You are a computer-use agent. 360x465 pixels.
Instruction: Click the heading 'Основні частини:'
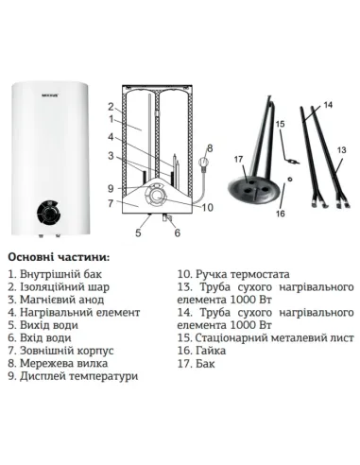[x=58, y=256]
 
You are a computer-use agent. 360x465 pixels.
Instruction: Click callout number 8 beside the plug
[x=210, y=148]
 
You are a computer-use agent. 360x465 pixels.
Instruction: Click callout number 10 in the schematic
[x=210, y=206]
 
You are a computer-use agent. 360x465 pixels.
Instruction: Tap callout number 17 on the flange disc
[x=237, y=160]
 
